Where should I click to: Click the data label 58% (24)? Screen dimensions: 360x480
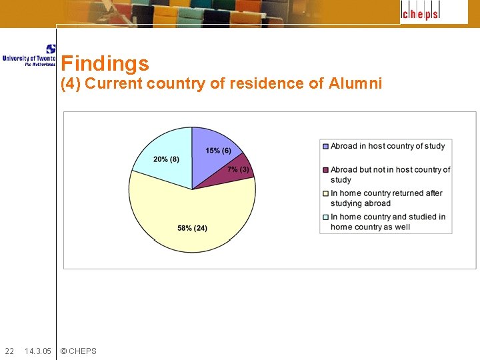click(192, 228)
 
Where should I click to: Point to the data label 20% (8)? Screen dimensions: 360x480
click(166, 159)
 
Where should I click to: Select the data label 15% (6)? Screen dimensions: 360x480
click(219, 151)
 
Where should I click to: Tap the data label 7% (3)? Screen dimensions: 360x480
click(238, 169)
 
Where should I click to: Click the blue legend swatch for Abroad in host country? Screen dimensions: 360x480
click(325, 147)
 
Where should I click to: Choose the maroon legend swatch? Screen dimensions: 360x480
click(325, 170)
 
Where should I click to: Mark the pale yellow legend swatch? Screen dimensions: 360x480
click(325, 194)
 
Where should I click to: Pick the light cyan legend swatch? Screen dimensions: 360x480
click(325, 217)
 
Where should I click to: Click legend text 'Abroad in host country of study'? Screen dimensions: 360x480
click(387, 147)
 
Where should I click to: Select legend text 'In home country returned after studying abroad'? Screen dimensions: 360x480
click(386, 199)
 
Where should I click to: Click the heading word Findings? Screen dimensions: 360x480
click(105, 64)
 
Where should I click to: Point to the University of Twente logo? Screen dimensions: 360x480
click(29, 56)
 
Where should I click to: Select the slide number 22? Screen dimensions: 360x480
click(9, 351)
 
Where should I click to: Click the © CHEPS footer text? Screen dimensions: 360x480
click(78, 351)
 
